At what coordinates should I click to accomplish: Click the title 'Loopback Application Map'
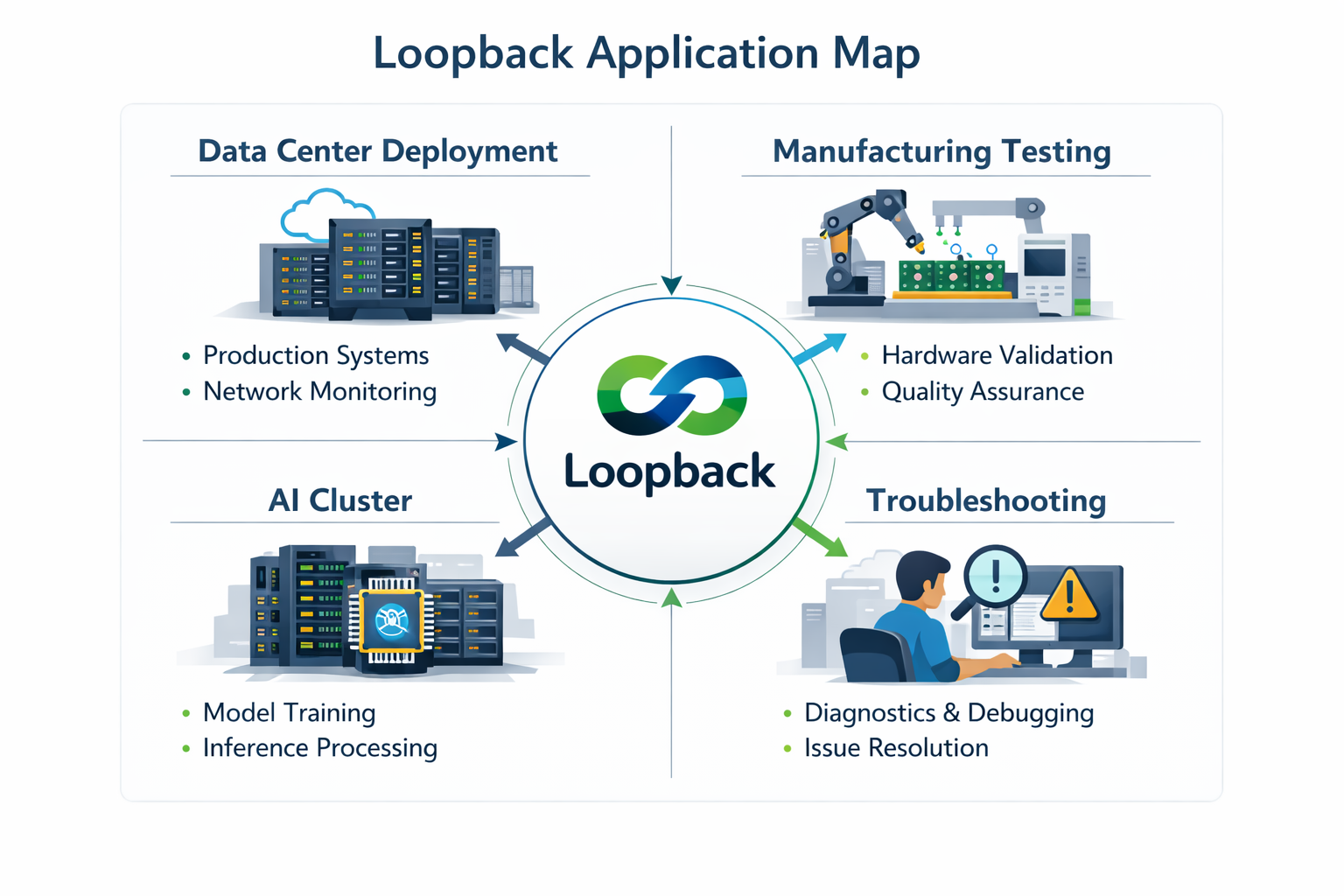[x=647, y=53]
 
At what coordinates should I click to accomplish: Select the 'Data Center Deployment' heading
[x=378, y=151]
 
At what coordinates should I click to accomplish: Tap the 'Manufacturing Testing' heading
[x=941, y=151]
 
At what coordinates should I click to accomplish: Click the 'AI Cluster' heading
[x=339, y=500]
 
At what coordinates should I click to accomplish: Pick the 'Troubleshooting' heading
[x=986, y=500]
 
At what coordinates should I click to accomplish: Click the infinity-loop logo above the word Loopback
[x=672, y=395]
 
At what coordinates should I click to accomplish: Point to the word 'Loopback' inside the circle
[x=669, y=472]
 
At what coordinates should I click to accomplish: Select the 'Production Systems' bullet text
[x=316, y=355]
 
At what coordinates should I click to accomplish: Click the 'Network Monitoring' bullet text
[x=319, y=391]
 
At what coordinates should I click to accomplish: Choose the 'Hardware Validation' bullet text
[x=997, y=355]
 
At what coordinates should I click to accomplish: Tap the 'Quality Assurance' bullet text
[x=983, y=391]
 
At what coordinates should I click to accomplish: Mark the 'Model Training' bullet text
[x=289, y=712]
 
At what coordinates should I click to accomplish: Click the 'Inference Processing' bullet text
[x=319, y=748]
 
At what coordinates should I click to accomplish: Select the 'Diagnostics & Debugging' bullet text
[x=948, y=712]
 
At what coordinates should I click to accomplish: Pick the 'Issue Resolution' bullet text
[x=896, y=748]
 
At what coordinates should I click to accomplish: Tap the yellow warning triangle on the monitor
[x=1069, y=596]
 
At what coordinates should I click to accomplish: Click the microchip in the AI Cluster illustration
[x=391, y=621]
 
